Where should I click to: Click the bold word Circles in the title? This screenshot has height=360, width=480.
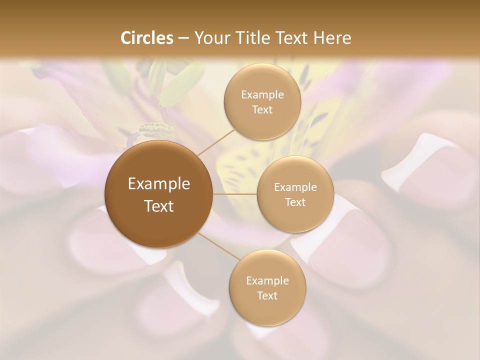(147, 38)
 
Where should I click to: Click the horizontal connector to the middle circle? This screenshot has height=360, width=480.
(235, 194)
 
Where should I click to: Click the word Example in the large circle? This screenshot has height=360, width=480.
(159, 184)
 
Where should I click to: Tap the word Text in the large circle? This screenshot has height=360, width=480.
(159, 206)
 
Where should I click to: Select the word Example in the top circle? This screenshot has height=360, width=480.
(262, 95)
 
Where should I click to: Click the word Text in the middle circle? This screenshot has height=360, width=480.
(295, 202)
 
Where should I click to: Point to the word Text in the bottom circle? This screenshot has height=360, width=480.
(267, 295)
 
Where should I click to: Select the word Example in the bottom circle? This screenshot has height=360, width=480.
(267, 281)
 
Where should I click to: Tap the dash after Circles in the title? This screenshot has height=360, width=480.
(183, 38)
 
